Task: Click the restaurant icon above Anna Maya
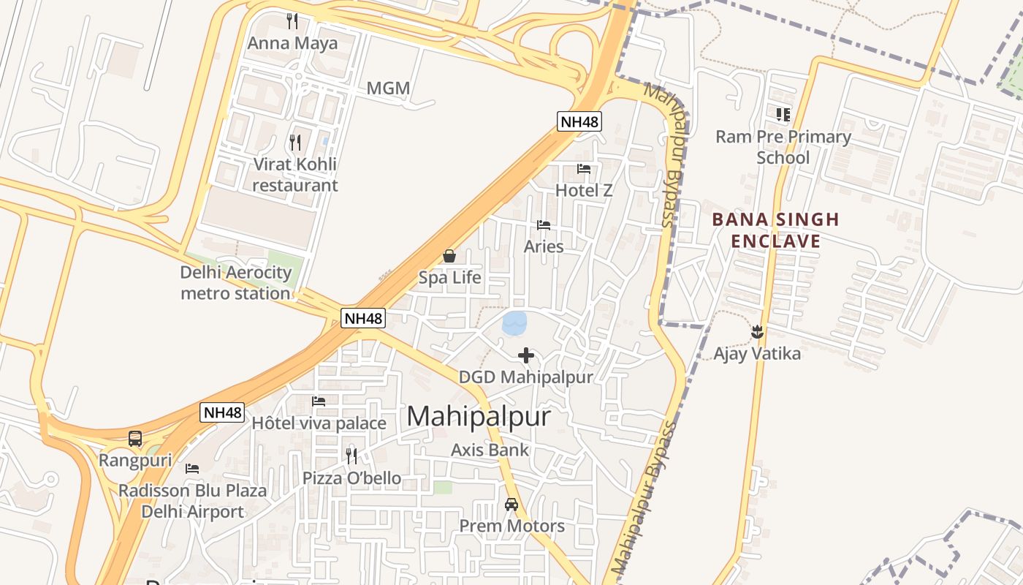(x=293, y=20)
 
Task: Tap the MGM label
(x=388, y=88)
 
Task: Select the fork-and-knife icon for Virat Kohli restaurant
(x=295, y=142)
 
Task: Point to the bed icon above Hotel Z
(x=584, y=168)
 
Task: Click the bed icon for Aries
(x=544, y=224)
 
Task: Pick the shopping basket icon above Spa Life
(x=449, y=256)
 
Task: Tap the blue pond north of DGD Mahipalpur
(x=514, y=323)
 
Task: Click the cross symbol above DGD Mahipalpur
(x=525, y=356)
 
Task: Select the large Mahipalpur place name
(x=479, y=416)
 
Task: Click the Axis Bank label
(x=490, y=450)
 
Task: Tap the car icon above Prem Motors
(x=512, y=505)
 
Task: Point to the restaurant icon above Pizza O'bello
(x=351, y=456)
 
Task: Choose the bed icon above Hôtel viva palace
(x=319, y=401)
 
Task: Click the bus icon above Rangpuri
(x=135, y=439)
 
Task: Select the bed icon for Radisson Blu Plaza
(x=192, y=468)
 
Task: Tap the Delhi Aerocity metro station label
(x=236, y=283)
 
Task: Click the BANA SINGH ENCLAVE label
(x=775, y=230)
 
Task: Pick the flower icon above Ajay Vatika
(x=757, y=332)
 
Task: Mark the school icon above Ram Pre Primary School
(x=783, y=114)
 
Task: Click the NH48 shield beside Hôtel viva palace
(x=221, y=412)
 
